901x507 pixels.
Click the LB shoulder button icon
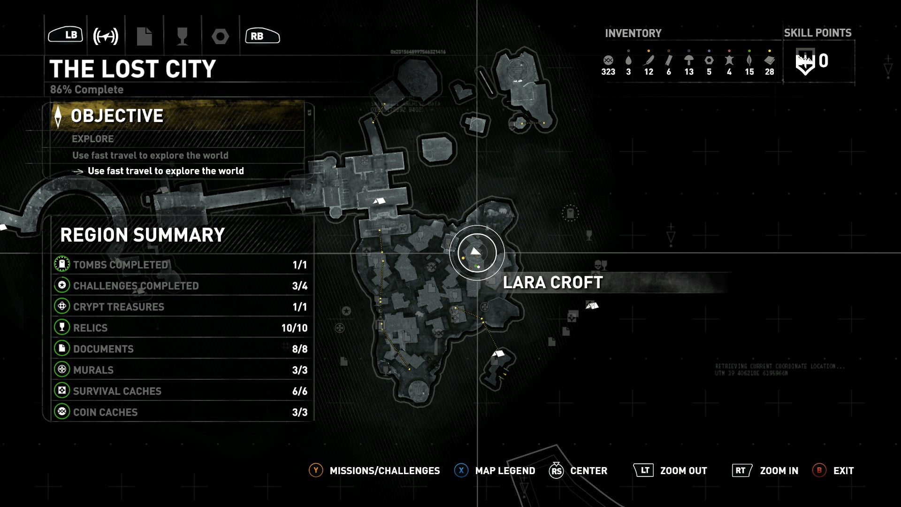click(x=66, y=35)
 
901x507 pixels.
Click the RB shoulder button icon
click(x=262, y=36)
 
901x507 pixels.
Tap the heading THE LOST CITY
click(x=133, y=69)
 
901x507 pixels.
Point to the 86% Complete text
click(x=87, y=90)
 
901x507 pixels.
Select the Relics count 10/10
click(x=294, y=328)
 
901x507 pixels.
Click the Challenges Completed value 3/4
click(x=299, y=286)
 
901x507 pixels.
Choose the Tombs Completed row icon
click(x=62, y=264)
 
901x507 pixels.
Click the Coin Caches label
click(x=105, y=412)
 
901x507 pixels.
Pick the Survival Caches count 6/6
click(x=299, y=391)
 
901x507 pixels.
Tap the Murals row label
click(x=93, y=370)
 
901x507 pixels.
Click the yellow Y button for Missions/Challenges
click(x=316, y=470)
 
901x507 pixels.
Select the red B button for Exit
click(x=819, y=470)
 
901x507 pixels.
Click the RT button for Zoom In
click(x=741, y=470)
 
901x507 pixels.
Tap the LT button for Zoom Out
click(x=644, y=470)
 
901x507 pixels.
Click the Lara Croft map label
click(x=553, y=283)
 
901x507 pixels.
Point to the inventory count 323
click(x=608, y=72)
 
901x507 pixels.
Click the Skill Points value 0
click(x=823, y=61)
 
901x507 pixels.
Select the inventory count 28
click(x=770, y=72)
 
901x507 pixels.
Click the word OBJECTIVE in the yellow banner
click(x=117, y=116)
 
